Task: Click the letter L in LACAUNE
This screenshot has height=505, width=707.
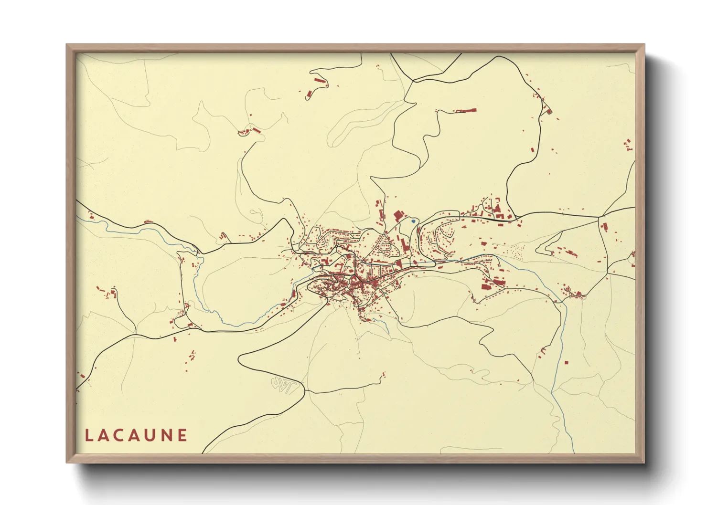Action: [x=88, y=435]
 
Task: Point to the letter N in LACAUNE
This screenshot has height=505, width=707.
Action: [x=167, y=435]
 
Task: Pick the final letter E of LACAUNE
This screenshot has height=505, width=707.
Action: [x=182, y=435]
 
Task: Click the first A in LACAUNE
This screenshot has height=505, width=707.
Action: [x=104, y=435]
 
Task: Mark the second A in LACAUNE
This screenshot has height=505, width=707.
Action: [x=136, y=435]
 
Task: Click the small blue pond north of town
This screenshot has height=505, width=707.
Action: [x=413, y=221]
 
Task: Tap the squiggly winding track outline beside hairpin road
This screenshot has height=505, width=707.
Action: [x=284, y=385]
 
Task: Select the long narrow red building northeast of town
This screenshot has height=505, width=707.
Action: [x=466, y=110]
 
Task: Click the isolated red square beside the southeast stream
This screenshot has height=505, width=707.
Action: [x=566, y=362]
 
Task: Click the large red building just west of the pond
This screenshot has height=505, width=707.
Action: [x=397, y=216]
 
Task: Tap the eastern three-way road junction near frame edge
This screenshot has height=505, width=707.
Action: [x=599, y=217]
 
